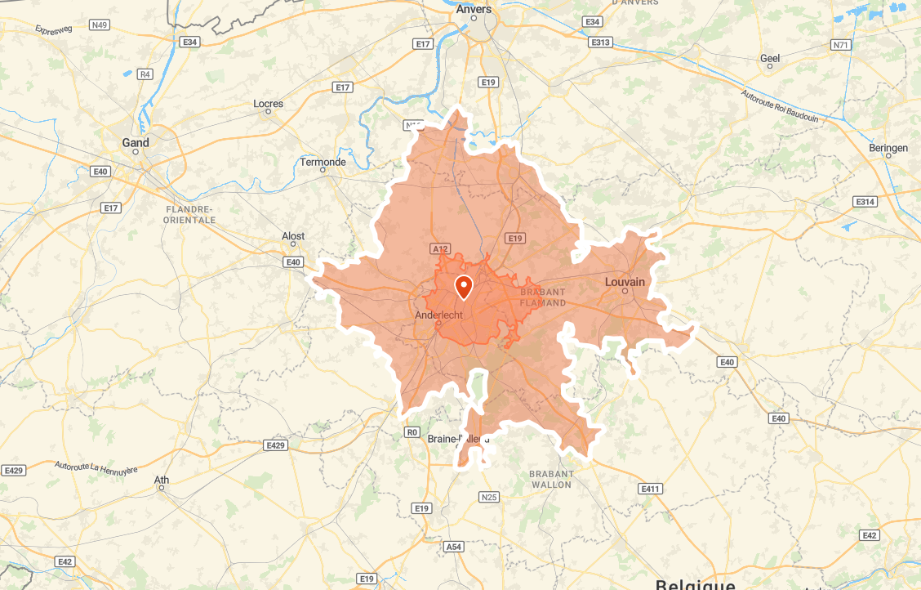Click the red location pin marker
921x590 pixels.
pyautogui.click(x=464, y=287)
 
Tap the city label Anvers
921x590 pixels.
pyautogui.click(x=474, y=9)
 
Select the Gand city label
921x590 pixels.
pyautogui.click(x=136, y=142)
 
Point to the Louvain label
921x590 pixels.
pyautogui.click(x=625, y=282)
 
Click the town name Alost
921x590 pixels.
pyautogui.click(x=293, y=236)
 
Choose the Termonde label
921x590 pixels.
pyautogui.click(x=323, y=162)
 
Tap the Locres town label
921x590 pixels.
pyautogui.click(x=268, y=104)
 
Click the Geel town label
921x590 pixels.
pyautogui.click(x=770, y=58)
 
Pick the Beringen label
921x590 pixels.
pyautogui.click(x=888, y=148)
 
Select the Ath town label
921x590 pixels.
pyautogui.click(x=162, y=480)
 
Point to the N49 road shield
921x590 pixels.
pyautogui.click(x=100, y=25)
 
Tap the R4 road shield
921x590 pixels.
pyautogui.click(x=145, y=74)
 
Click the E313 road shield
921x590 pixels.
pyautogui.click(x=600, y=42)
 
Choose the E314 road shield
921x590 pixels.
pyautogui.click(x=865, y=201)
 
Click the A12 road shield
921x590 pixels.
pyautogui.click(x=440, y=248)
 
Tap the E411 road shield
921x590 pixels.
pyautogui.click(x=650, y=489)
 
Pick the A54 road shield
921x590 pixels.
pyautogui.click(x=454, y=546)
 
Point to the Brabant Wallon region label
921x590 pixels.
pyautogui.click(x=551, y=479)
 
